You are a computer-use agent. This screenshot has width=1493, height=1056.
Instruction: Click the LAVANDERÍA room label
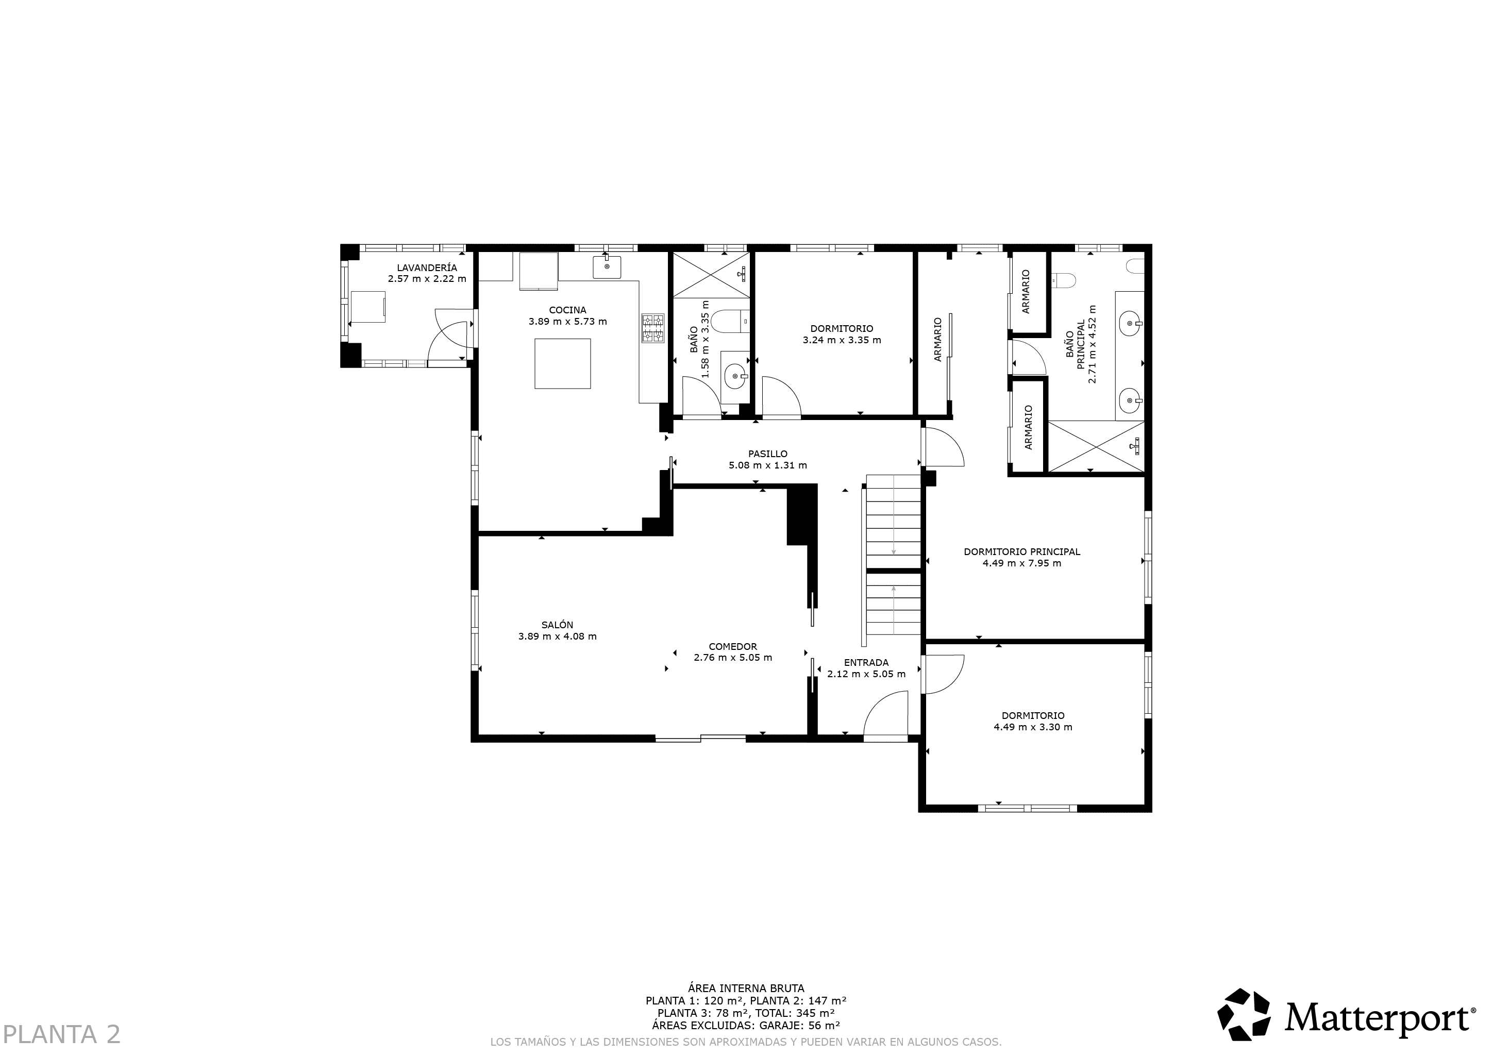coord(427,268)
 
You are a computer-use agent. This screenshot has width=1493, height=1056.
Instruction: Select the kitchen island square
coord(562,363)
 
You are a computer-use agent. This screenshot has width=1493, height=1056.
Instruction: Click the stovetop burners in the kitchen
coord(653,328)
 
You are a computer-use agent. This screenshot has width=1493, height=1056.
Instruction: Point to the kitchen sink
coord(607,266)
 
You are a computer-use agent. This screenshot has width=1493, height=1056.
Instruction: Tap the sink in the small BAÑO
coord(735,376)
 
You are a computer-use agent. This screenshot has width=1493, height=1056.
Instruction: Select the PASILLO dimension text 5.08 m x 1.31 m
coord(767,465)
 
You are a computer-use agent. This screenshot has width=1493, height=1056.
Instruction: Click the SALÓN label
coord(557,625)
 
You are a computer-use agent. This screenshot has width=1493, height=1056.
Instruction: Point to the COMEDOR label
coord(733,646)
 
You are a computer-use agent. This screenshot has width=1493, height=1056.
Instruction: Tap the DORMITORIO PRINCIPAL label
coord(1021,552)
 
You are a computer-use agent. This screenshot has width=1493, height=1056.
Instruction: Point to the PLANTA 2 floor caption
coord(62,1034)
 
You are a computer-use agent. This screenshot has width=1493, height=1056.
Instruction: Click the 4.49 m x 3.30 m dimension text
coord(1033,727)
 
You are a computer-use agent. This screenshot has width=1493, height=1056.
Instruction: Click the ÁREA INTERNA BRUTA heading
coord(746,988)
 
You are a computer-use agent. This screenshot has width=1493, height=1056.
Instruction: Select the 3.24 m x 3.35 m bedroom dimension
coord(842,340)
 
